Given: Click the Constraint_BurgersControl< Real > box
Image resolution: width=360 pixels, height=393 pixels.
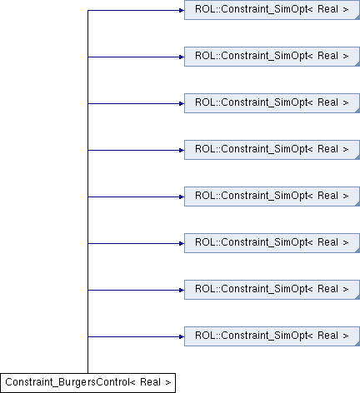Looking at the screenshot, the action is pyautogui.click(x=87, y=383).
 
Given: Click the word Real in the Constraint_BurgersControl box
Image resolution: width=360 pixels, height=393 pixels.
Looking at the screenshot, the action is pyautogui.click(x=150, y=382).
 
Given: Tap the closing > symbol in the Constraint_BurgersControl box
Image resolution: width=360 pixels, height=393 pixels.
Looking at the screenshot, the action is pyautogui.click(x=168, y=383).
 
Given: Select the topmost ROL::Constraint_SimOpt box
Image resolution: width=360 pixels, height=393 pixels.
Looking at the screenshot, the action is pyautogui.click(x=272, y=10).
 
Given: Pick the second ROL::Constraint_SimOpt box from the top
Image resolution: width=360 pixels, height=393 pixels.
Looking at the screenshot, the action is pyautogui.click(x=272, y=57).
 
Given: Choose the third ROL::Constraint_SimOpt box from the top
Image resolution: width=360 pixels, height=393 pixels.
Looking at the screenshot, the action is pyautogui.click(x=272, y=103).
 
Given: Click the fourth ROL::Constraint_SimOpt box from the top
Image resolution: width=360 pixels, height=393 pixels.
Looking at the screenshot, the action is pyautogui.click(x=272, y=150).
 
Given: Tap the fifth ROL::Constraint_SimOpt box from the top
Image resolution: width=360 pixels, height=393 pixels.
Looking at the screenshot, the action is pyautogui.click(x=272, y=196).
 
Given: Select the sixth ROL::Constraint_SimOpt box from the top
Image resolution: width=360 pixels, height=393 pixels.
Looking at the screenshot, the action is pyautogui.click(x=272, y=243).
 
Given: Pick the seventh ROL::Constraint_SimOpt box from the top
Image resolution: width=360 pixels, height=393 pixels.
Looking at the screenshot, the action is pyautogui.click(x=272, y=290).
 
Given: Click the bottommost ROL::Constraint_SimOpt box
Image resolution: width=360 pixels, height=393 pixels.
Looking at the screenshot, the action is pyautogui.click(x=272, y=336).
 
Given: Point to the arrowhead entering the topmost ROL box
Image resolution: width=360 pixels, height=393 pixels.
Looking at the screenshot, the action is pyautogui.click(x=182, y=11).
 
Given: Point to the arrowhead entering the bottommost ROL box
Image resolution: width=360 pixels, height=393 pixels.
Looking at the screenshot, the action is pyautogui.click(x=182, y=337).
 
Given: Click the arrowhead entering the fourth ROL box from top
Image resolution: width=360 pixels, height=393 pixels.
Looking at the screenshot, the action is pyautogui.click(x=182, y=151).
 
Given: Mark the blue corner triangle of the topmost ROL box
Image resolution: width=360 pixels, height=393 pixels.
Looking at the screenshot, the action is pyautogui.click(x=357, y=17).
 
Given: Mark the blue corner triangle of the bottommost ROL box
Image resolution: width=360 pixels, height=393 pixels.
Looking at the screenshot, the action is pyautogui.click(x=357, y=344).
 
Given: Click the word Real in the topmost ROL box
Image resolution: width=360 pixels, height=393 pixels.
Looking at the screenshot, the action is pyautogui.click(x=327, y=9).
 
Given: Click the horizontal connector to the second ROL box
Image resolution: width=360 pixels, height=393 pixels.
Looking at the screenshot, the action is pyautogui.click(x=136, y=57).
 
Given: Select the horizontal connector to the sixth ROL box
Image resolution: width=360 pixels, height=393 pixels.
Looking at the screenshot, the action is pyautogui.click(x=136, y=244).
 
